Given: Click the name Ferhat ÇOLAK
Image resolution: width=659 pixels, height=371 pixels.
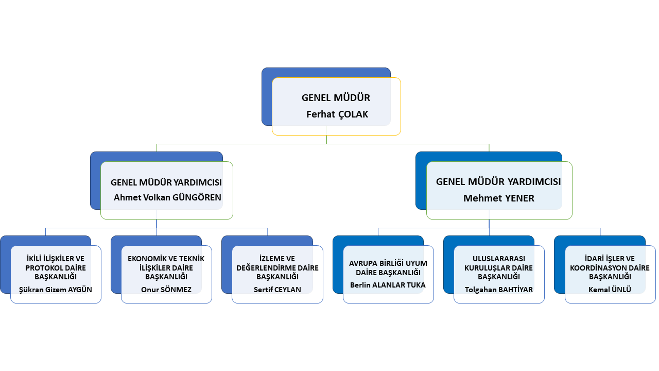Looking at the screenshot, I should tap(337, 114).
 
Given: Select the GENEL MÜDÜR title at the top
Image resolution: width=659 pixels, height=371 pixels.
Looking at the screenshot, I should tap(336, 98).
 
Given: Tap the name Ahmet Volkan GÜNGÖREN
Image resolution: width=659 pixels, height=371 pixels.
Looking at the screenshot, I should tap(167, 197).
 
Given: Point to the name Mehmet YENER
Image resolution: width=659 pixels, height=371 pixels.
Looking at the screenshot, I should tap(498, 198).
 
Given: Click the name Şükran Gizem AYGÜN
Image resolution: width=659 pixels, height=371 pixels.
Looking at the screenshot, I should tap(56, 290).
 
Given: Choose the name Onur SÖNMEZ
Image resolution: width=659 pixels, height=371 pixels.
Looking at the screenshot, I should tap(166, 290).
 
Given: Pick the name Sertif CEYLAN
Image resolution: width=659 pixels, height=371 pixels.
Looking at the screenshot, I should tap(278, 290).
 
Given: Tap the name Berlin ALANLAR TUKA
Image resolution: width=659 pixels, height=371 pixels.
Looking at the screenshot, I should tap(388, 284).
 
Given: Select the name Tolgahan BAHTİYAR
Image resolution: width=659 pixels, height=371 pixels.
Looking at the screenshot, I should tap(499, 290).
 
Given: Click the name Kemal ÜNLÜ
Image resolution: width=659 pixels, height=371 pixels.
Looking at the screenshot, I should tap(610, 290).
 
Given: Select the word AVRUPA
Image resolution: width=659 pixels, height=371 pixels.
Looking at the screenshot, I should tap(362, 263).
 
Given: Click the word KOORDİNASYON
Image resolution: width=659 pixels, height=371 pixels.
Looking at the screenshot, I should tap(601, 268).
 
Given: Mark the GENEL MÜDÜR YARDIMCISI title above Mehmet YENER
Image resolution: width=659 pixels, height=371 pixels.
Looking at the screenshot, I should tap(498, 182).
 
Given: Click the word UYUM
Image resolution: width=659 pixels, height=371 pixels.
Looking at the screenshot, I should tap(417, 263).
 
